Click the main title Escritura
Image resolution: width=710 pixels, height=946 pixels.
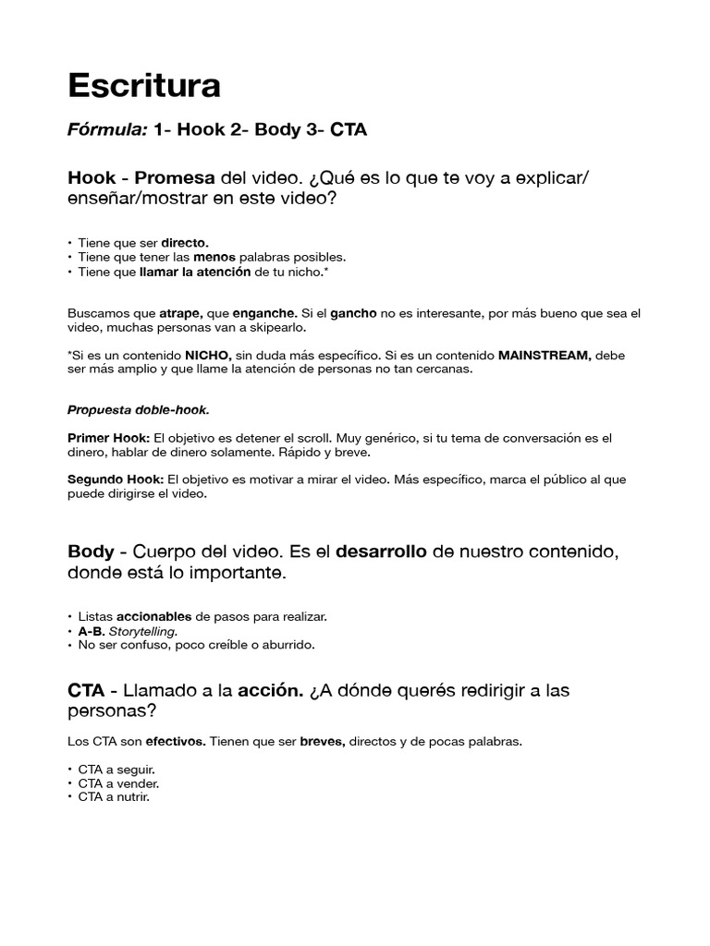click(144, 86)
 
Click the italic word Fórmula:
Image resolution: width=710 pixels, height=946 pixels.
click(107, 130)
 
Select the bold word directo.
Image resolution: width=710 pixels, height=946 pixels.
click(185, 242)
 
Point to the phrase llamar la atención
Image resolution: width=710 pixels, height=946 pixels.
click(195, 272)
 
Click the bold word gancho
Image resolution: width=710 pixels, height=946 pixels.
click(353, 313)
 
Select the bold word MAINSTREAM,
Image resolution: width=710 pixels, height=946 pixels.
click(545, 355)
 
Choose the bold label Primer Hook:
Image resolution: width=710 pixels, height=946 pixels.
click(109, 438)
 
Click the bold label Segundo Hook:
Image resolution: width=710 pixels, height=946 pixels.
click(116, 479)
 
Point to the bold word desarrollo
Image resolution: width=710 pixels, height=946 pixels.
click(381, 552)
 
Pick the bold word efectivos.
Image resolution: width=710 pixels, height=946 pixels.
click(176, 742)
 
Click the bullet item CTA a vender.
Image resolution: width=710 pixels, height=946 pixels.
click(112, 783)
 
